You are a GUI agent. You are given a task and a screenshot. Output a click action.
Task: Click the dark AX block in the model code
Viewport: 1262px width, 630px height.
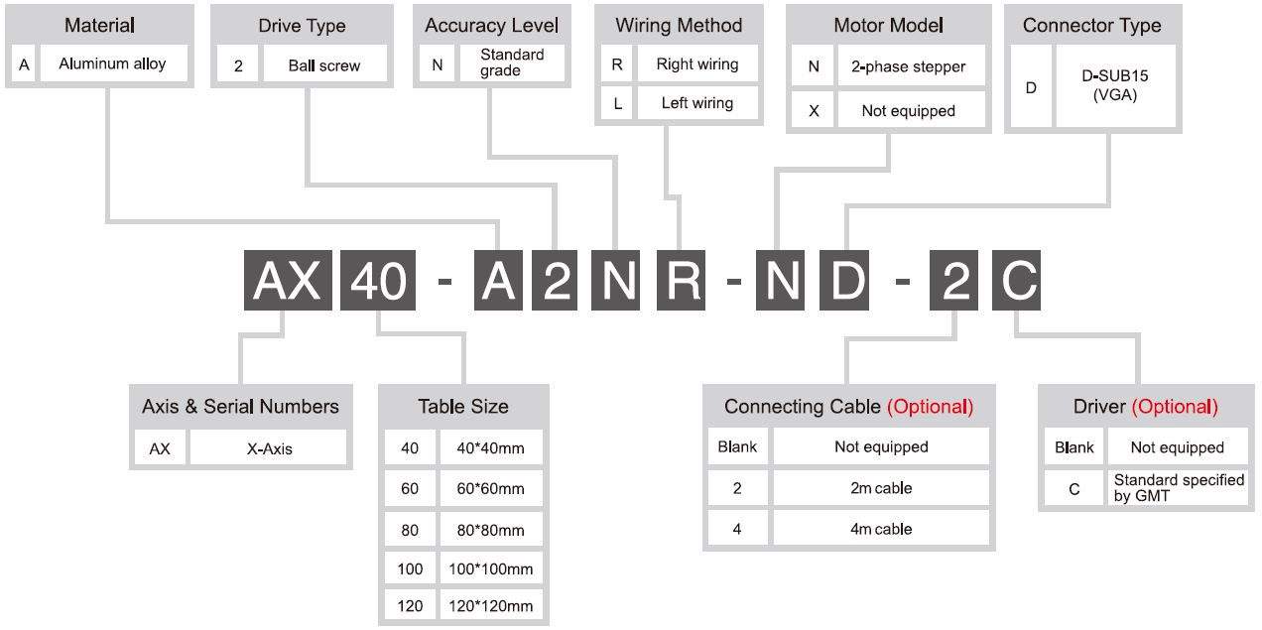click(288, 280)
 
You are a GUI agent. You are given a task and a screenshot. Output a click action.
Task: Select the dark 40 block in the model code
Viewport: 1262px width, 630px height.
click(378, 280)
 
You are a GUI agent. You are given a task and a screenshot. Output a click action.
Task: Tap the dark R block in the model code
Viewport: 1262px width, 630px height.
click(682, 280)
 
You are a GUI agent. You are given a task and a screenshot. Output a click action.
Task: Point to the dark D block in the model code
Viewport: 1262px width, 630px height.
click(844, 280)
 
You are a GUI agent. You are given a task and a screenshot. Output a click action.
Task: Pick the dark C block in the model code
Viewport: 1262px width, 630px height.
click(1016, 280)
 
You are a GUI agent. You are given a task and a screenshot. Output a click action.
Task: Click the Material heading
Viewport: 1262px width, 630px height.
click(100, 26)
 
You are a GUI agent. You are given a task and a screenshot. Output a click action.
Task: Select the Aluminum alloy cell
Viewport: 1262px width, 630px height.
click(113, 63)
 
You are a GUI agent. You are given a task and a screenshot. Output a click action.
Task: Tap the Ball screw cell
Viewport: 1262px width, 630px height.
click(324, 65)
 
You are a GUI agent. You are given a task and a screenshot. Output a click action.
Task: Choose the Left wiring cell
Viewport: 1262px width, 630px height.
click(697, 103)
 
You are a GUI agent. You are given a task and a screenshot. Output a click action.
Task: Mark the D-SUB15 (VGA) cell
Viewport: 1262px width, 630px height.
click(1115, 85)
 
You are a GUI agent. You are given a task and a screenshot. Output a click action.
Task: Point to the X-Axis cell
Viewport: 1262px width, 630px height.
click(268, 448)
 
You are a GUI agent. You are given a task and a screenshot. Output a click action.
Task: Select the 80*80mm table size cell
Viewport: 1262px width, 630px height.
click(491, 530)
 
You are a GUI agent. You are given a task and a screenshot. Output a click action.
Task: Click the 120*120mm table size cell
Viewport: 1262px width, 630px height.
click(491, 606)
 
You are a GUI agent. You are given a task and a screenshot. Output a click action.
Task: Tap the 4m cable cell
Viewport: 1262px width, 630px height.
click(881, 529)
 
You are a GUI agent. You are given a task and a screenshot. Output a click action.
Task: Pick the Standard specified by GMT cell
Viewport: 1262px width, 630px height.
click(1178, 488)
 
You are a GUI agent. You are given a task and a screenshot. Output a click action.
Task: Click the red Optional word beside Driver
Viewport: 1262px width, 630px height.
click(1175, 407)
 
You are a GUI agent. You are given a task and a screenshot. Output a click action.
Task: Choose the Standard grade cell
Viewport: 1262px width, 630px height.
click(512, 63)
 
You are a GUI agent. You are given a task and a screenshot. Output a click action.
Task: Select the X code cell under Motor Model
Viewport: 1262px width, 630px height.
click(814, 110)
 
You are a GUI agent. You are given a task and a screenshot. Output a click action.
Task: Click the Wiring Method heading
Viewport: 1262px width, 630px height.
click(679, 26)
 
